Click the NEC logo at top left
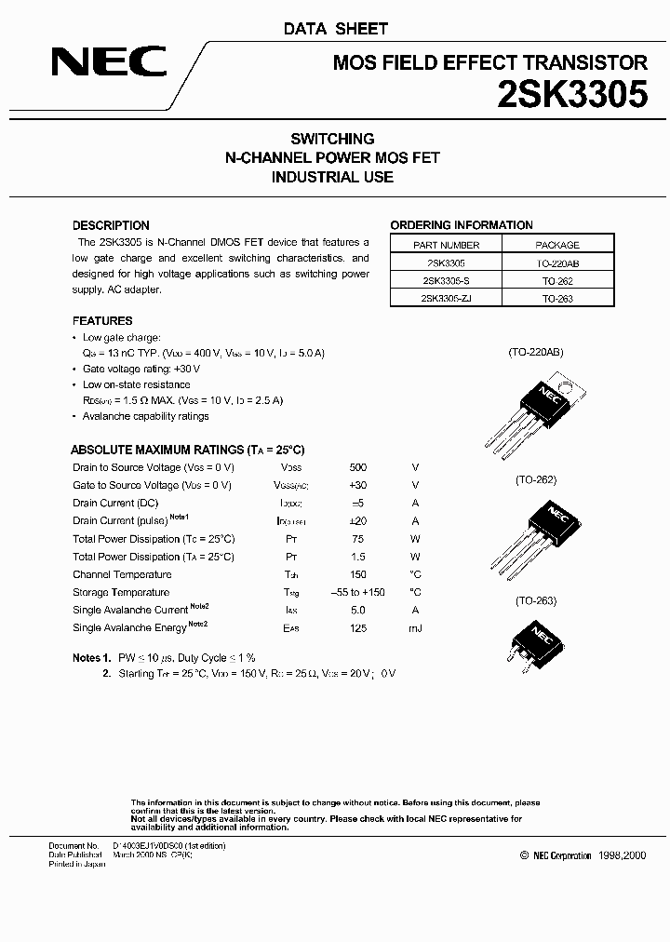[x=109, y=63]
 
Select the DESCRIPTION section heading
[x=111, y=225]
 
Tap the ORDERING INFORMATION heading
[x=462, y=225]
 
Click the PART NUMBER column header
[x=446, y=245]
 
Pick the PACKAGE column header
[x=557, y=245]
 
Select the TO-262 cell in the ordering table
[x=557, y=280]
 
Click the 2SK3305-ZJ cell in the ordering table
[x=446, y=298]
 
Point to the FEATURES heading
[x=102, y=321]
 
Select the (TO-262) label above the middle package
[x=535, y=480]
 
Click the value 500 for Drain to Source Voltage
[x=358, y=467]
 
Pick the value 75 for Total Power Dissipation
[x=358, y=539]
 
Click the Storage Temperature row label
[x=121, y=592]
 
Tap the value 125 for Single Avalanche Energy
[x=358, y=628]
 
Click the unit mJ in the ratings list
[x=415, y=628]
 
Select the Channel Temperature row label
[x=122, y=574]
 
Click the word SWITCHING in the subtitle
[x=332, y=139]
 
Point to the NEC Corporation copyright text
[x=583, y=855]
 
